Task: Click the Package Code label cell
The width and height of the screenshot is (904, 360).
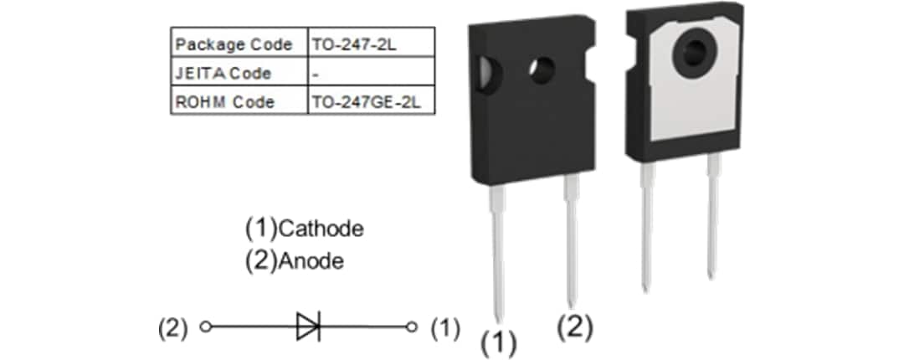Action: (x=234, y=44)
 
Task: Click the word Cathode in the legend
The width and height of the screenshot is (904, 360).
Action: (x=321, y=228)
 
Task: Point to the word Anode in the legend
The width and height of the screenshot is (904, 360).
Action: (x=310, y=261)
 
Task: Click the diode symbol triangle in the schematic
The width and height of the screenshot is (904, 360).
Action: (x=307, y=327)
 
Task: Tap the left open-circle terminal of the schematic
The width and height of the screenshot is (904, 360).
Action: (x=204, y=327)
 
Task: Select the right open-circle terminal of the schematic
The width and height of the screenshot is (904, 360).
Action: (x=411, y=327)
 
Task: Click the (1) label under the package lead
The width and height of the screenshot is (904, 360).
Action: (x=498, y=342)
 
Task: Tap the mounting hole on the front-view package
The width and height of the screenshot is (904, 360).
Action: (x=542, y=69)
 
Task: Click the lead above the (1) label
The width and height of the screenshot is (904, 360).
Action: (x=497, y=251)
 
